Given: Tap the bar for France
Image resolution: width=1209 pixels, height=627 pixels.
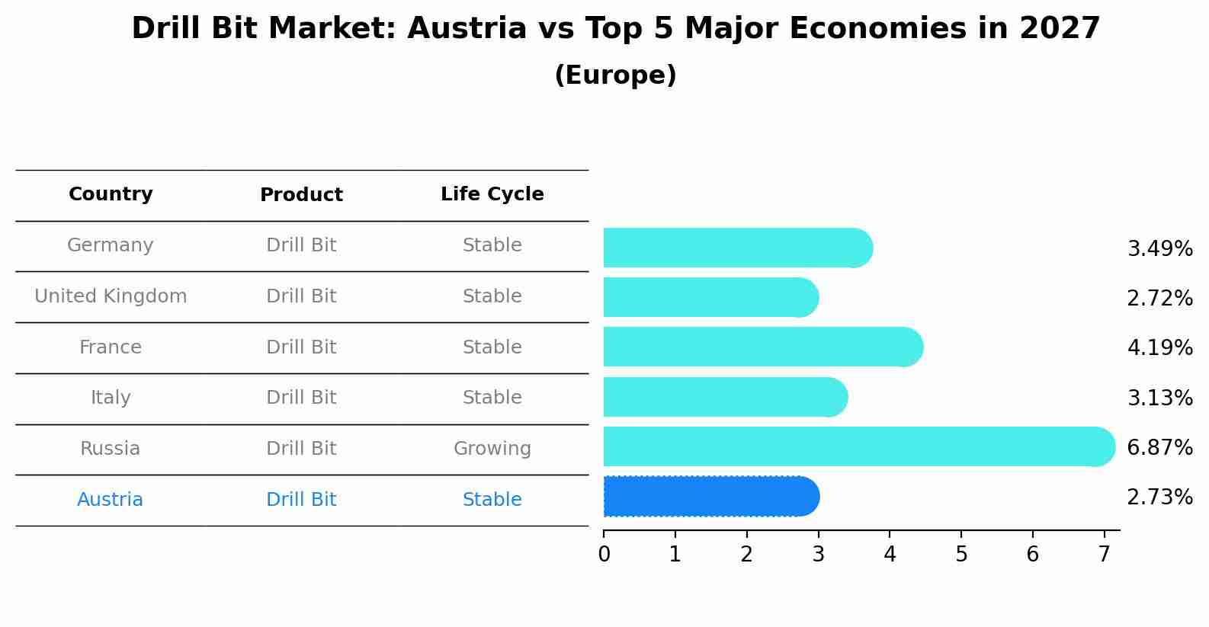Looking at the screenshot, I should [762, 347].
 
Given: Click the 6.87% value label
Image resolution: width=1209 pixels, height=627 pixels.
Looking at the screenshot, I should [1159, 448].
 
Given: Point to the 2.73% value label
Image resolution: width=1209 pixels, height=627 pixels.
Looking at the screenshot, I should [1159, 497].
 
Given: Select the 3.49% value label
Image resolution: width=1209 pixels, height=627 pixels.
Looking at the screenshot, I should [1159, 249].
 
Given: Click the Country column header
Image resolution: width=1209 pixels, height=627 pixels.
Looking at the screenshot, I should [111, 194].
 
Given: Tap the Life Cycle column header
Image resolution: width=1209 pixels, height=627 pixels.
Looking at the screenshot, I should [492, 194].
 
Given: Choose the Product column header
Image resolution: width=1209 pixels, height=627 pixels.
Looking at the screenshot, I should [301, 195].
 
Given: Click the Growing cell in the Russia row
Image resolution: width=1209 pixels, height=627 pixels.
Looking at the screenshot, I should [492, 449].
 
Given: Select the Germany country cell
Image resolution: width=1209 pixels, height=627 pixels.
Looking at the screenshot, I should [111, 245].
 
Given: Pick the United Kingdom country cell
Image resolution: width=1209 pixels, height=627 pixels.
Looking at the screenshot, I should [111, 296].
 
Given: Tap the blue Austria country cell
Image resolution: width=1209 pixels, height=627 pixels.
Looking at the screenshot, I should [111, 500].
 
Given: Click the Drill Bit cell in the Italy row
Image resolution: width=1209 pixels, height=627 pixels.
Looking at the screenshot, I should [301, 398].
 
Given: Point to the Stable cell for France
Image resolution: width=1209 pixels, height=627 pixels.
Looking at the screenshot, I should [492, 347].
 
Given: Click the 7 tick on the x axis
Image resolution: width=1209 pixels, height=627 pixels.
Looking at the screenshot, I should [1104, 555].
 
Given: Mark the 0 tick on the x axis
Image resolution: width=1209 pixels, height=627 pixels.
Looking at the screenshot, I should [604, 555].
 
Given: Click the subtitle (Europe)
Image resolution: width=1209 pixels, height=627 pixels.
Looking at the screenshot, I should [615, 75].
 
